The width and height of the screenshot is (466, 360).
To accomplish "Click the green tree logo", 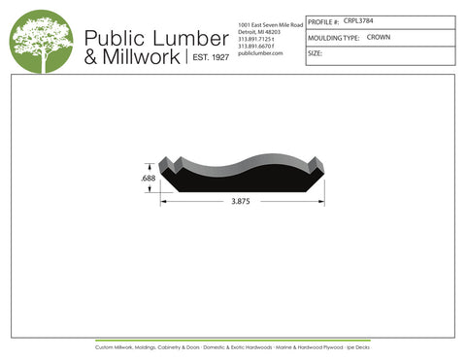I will [41, 41].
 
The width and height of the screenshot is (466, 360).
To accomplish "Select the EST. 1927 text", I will [208, 58].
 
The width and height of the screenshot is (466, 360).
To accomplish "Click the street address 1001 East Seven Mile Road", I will [269, 22].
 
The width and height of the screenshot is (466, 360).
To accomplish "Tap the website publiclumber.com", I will [259, 53].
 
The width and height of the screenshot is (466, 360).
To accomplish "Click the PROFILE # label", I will [322, 20].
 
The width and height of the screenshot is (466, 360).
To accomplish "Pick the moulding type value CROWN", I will [379, 37].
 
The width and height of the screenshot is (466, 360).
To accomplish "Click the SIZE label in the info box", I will [315, 53].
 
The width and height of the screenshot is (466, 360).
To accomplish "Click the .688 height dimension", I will [148, 179].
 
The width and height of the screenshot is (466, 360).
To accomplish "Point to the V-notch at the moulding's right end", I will [315, 164].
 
